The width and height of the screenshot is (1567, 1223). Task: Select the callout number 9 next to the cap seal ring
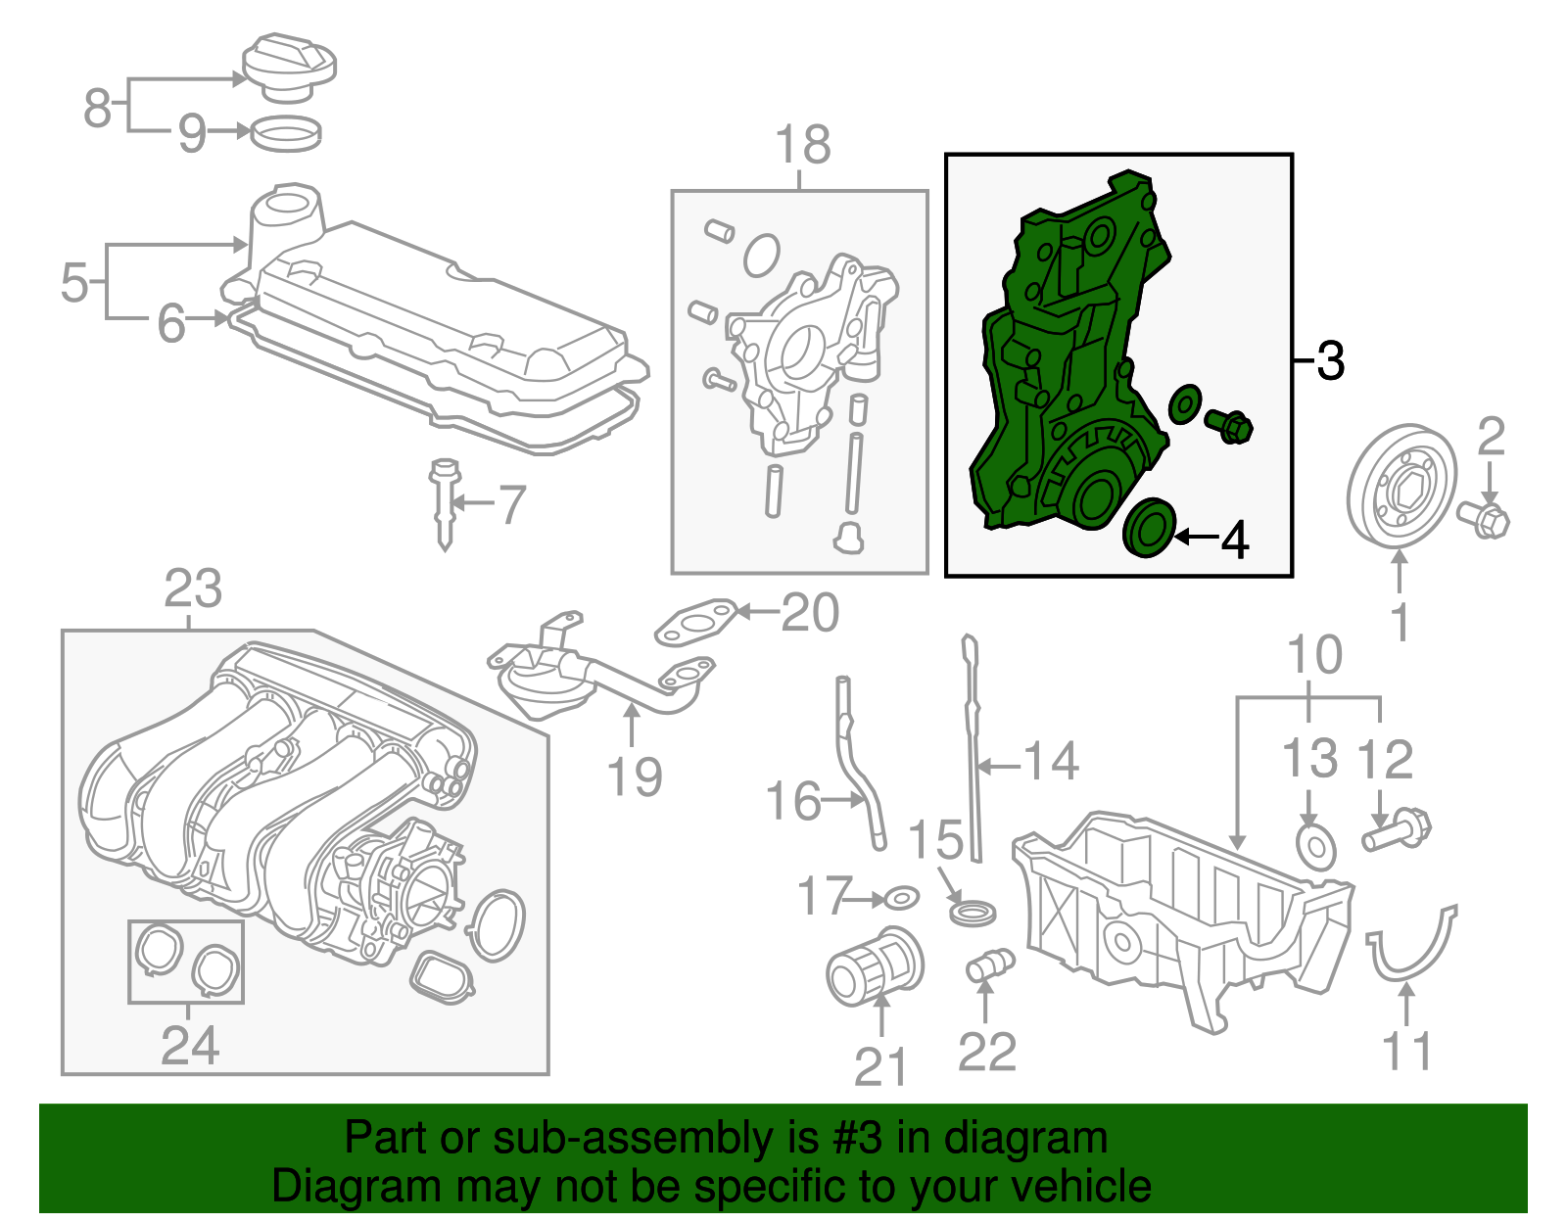click(x=192, y=132)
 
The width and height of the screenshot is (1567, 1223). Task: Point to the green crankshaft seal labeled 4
click(x=1149, y=528)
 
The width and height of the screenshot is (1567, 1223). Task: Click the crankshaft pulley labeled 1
click(x=1401, y=485)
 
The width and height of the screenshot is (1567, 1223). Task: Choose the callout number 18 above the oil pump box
click(x=802, y=145)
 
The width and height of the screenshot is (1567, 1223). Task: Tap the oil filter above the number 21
click(x=875, y=966)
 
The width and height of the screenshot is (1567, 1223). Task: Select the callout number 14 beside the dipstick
click(x=1051, y=762)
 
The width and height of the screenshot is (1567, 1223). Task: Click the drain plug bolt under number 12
click(x=1397, y=830)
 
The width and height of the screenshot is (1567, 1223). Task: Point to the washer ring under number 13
click(x=1315, y=847)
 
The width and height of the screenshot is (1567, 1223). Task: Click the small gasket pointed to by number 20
click(x=695, y=623)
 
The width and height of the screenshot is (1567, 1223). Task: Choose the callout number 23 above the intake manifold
click(x=193, y=590)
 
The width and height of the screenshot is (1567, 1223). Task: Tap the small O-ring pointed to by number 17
click(x=901, y=897)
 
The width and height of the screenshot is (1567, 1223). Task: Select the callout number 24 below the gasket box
click(x=189, y=1046)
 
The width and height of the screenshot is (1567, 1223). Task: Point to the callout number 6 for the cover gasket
click(x=171, y=322)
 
